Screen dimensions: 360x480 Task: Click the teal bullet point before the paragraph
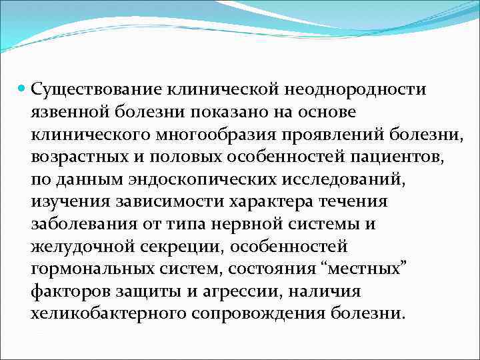pos(21,88)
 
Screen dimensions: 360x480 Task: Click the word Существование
pos(91,89)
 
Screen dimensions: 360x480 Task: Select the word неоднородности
pos(357,89)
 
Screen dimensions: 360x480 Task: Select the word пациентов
pos(392,157)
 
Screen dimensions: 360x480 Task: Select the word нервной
pos(251,225)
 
